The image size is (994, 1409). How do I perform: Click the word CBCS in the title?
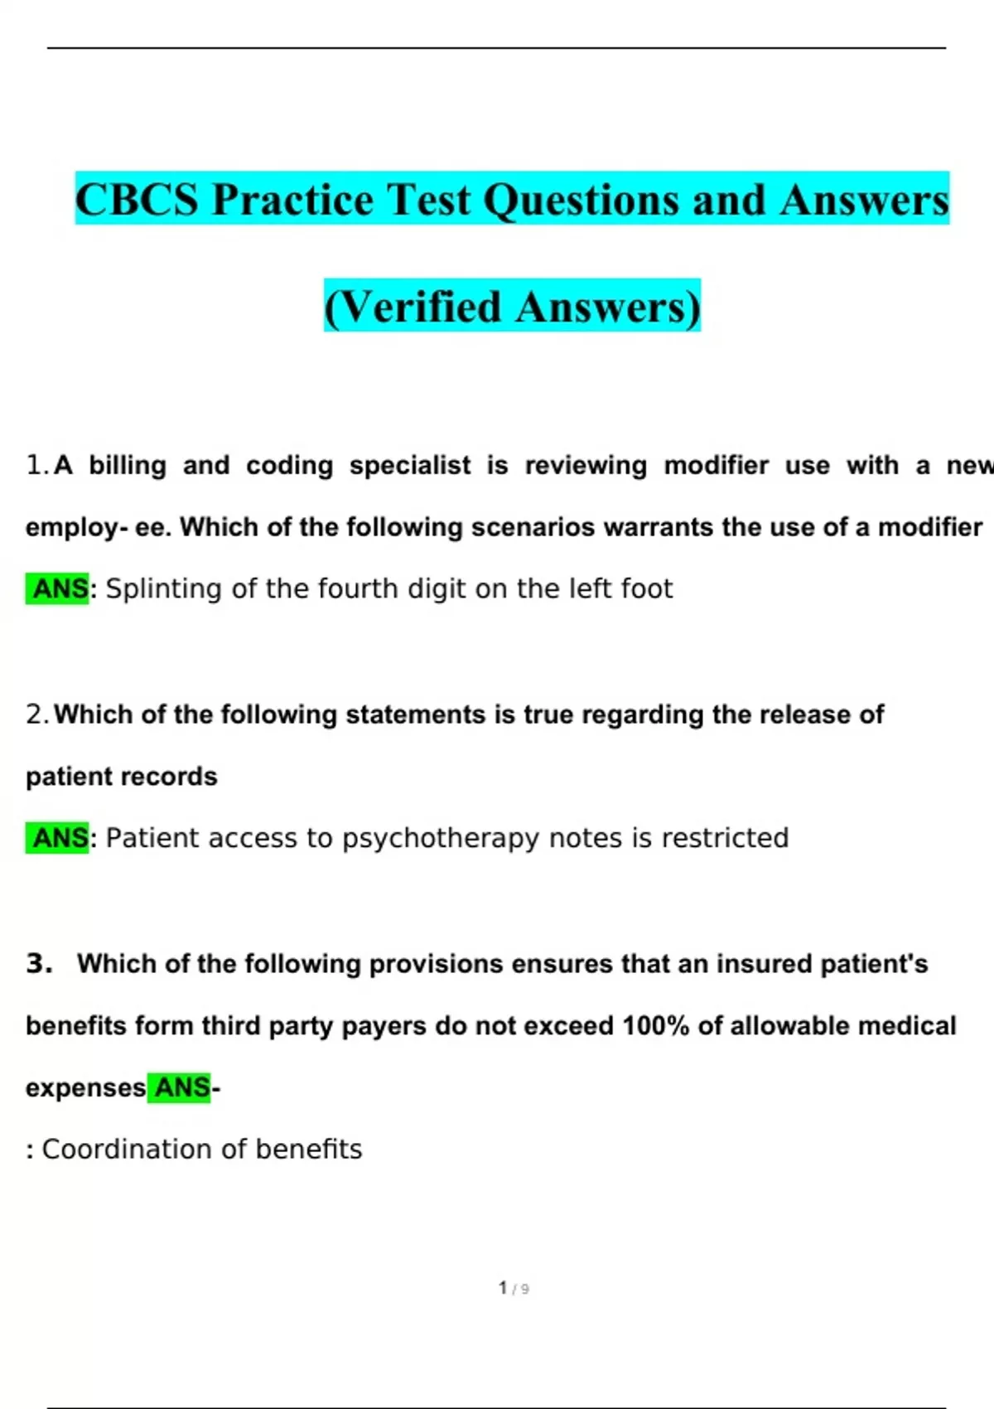pos(137,200)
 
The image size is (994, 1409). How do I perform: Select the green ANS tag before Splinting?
pos(59,588)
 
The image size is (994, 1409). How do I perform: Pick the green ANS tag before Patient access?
pos(59,838)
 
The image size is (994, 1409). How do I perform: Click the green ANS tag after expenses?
pos(181,1087)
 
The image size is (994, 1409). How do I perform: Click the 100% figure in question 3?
pos(655,1025)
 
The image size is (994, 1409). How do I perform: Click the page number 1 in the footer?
pos(503,1287)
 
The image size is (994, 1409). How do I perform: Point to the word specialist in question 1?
pos(409,465)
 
